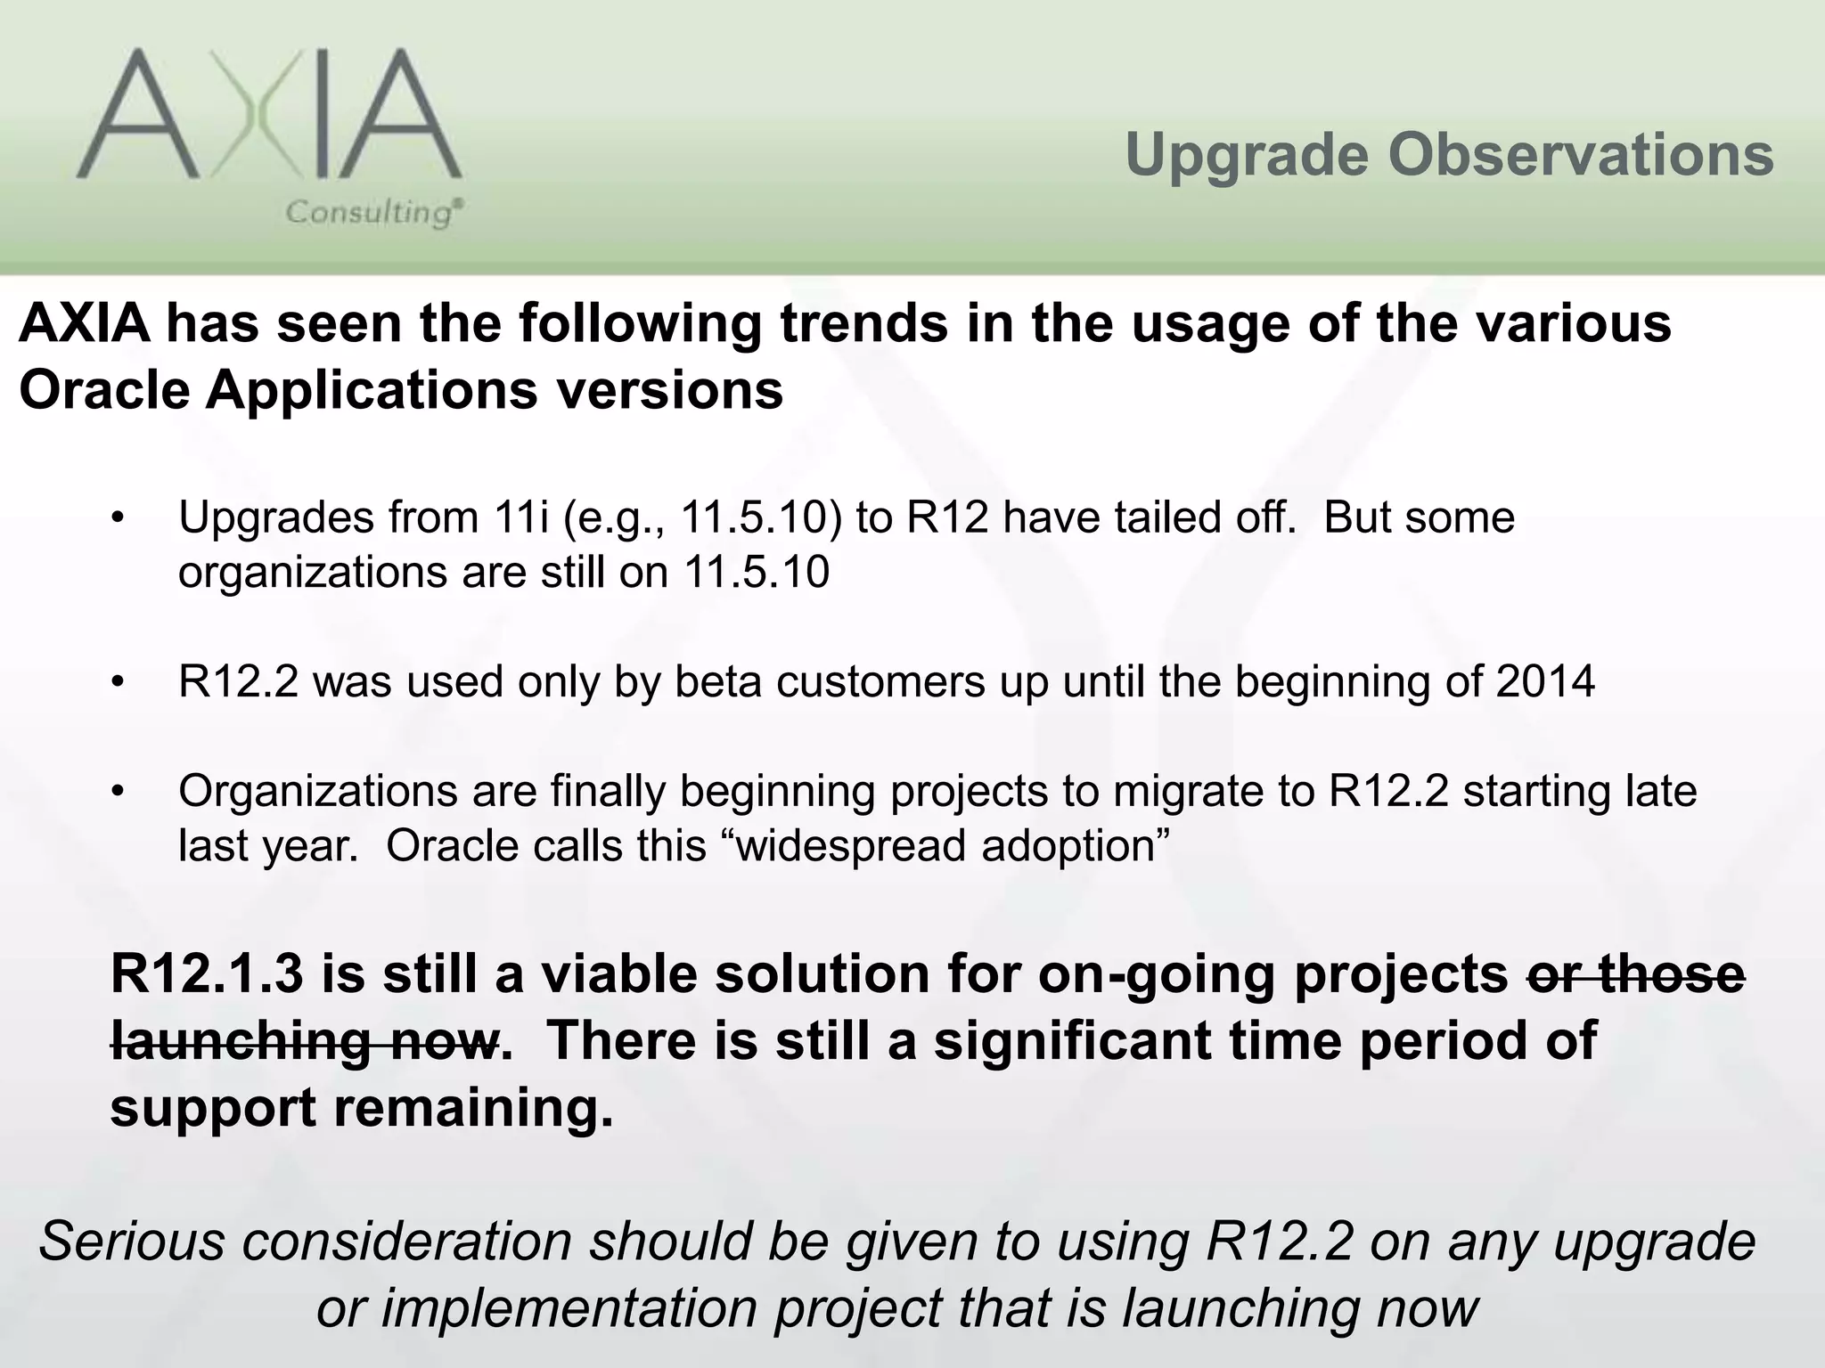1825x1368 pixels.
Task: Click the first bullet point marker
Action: (x=117, y=518)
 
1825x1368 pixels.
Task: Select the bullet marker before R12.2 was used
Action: (x=117, y=682)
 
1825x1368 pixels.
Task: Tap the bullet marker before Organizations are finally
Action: (x=117, y=791)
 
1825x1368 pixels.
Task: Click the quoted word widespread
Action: (x=851, y=846)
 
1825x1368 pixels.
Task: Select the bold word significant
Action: (x=1073, y=1041)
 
